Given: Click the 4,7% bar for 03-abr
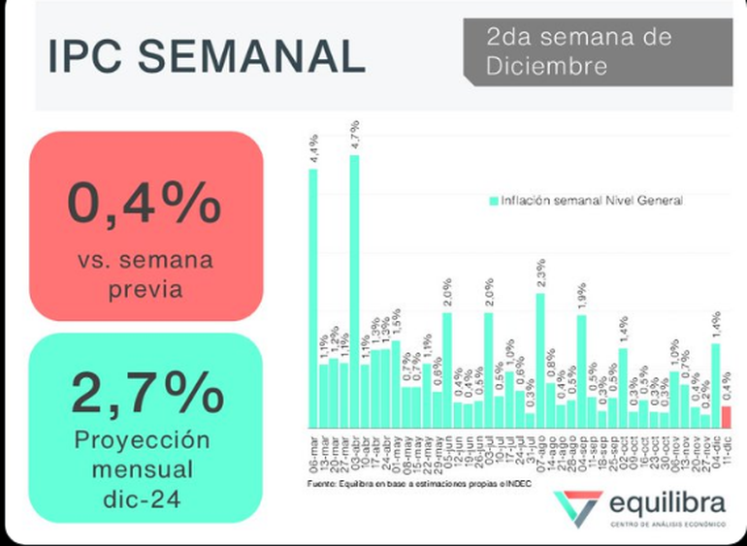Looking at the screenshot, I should [x=354, y=291].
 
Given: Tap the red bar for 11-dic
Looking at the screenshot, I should [x=727, y=417].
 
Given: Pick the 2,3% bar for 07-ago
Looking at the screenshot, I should [x=540, y=360].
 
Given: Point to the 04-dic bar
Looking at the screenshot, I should [x=716, y=385].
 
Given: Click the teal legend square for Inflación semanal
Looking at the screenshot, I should [x=493, y=201].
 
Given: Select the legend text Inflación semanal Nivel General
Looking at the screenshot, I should [x=591, y=201].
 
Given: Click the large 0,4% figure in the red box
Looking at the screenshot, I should [x=145, y=204].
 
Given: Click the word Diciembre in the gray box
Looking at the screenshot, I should [x=548, y=67].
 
